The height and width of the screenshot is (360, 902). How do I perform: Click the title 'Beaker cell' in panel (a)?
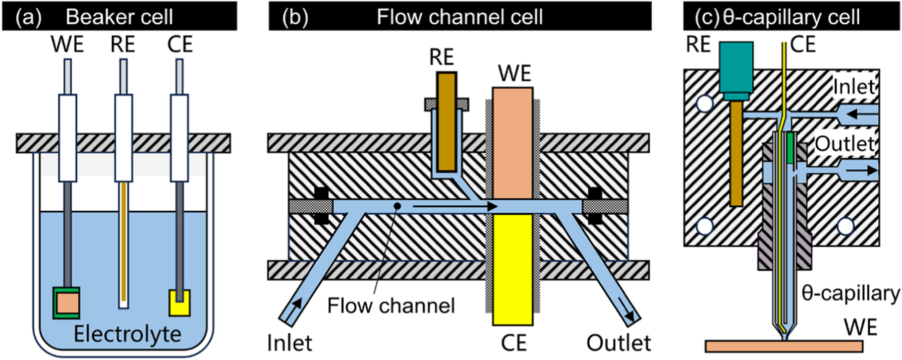pyautogui.click(x=119, y=17)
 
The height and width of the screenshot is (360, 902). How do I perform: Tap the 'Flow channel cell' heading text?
pyautogui.click(x=459, y=17)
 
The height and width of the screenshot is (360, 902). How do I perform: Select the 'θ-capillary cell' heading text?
pyautogui.click(x=791, y=17)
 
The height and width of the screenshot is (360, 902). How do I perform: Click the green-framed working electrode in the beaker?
pyautogui.click(x=66, y=302)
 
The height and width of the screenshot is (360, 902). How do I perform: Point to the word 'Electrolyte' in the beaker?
pyautogui.click(x=127, y=334)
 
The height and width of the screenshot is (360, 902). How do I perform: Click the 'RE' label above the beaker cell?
pyautogui.click(x=122, y=45)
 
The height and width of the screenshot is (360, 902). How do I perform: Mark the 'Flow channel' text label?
pyautogui.click(x=391, y=305)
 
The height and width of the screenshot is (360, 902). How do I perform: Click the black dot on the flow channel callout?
pyautogui.click(x=396, y=205)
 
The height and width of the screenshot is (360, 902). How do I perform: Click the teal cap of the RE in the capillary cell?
pyautogui.click(x=736, y=69)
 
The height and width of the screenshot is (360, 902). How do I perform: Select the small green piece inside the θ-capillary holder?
pyautogui.click(x=790, y=148)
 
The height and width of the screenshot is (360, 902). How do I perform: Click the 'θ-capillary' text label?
pyautogui.click(x=850, y=294)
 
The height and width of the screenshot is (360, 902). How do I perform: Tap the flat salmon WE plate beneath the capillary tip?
pyautogui.click(x=783, y=346)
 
